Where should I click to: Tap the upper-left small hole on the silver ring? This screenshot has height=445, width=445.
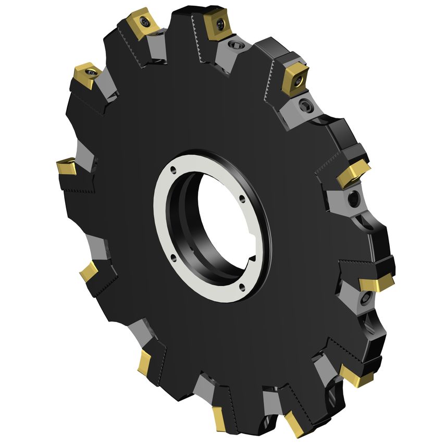(174, 169)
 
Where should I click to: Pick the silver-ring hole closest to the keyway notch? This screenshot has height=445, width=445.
(240, 285)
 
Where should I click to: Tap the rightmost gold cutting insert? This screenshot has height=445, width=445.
(376, 283)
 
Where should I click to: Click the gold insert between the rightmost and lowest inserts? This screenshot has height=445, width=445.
(356, 375)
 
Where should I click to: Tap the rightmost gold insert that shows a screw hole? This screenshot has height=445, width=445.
(294, 78)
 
